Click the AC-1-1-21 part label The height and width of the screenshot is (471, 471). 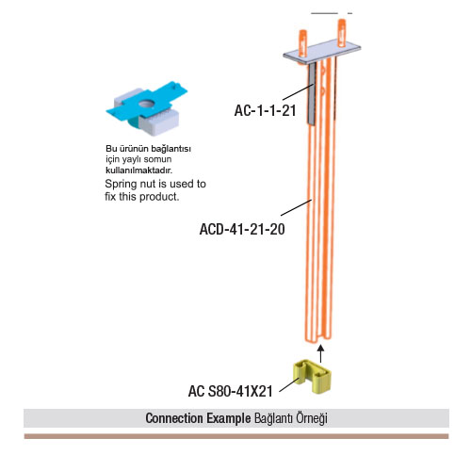click(x=265, y=110)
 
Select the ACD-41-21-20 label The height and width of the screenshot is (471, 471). click(x=242, y=229)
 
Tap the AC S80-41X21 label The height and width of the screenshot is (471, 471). click(x=231, y=391)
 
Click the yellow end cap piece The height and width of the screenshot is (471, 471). click(x=312, y=376)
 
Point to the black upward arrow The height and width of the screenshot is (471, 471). click(x=320, y=354)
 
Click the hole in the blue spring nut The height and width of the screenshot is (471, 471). click(x=146, y=103)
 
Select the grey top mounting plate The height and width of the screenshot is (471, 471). click(x=322, y=52)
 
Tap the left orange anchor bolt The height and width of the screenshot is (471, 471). click(x=302, y=43)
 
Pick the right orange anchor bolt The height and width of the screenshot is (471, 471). click(x=342, y=33)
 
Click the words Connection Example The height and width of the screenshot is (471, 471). click(x=198, y=418)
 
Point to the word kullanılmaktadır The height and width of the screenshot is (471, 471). click(x=139, y=171)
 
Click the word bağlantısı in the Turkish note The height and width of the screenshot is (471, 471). click(x=173, y=149)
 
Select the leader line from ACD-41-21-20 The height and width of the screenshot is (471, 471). click(x=296, y=207)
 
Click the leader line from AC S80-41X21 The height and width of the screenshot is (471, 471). click(x=289, y=385)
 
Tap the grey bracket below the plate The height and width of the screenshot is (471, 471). click(x=311, y=93)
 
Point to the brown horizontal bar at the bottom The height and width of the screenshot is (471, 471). click(x=236, y=436)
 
